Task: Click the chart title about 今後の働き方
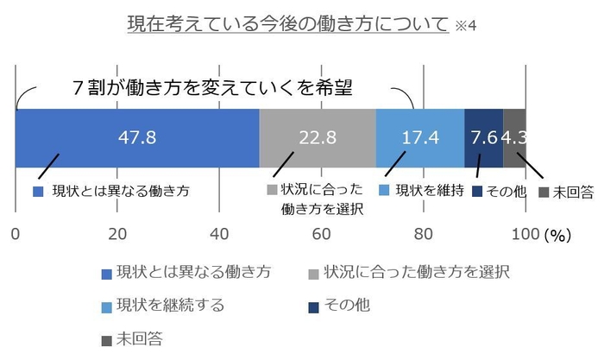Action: (288, 22)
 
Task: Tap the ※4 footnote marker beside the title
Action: (465, 25)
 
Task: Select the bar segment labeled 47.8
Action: (137, 138)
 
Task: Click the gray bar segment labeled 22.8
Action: (318, 138)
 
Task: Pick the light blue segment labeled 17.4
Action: (420, 138)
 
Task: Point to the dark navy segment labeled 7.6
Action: (483, 138)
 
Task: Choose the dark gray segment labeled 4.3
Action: (515, 138)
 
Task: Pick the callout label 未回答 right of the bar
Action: (572, 192)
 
